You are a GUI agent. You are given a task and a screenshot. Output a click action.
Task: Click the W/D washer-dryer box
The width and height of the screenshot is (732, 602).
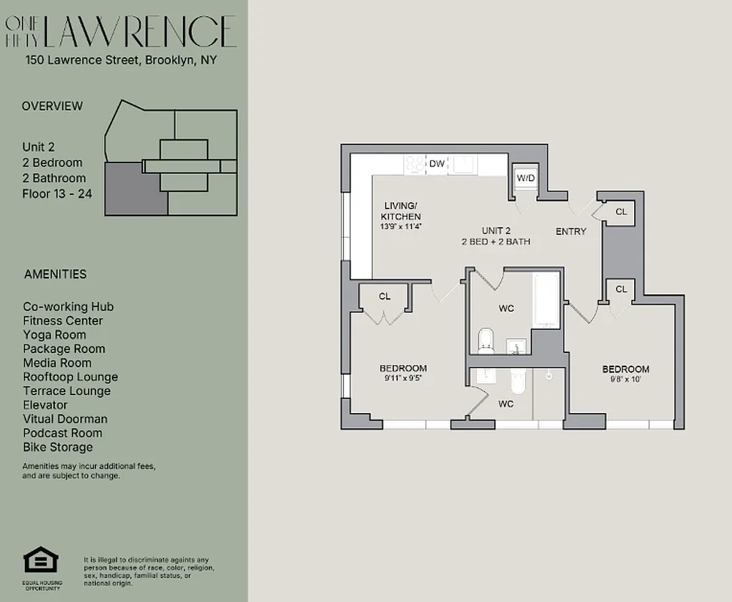pyautogui.click(x=524, y=178)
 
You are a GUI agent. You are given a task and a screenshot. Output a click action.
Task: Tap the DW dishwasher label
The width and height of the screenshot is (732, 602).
pyautogui.click(x=436, y=163)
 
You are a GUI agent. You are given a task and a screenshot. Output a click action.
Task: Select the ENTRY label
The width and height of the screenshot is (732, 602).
pyautogui.click(x=570, y=231)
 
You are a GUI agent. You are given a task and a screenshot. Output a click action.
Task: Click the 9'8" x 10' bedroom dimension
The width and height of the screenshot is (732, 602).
pyautogui.click(x=625, y=379)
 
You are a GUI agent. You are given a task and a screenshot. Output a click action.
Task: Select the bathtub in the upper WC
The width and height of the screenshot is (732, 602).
pyautogui.click(x=546, y=301)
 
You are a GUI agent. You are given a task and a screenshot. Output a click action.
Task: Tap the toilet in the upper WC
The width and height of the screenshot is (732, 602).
pyautogui.click(x=486, y=340)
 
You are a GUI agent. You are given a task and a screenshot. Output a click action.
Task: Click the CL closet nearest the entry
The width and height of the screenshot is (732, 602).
pyautogui.click(x=621, y=212)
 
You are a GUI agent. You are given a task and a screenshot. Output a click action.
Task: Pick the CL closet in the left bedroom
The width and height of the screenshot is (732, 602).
pyautogui.click(x=384, y=296)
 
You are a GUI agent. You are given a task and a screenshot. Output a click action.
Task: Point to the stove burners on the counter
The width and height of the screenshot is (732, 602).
pyautogui.click(x=415, y=163)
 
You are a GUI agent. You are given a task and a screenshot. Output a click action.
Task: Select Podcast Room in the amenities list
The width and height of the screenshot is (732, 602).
pyautogui.click(x=63, y=433)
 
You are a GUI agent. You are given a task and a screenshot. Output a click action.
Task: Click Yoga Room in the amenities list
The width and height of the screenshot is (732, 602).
pyautogui.click(x=54, y=335)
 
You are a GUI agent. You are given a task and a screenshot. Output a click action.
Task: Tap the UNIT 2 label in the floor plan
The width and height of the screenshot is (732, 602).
pyautogui.click(x=497, y=230)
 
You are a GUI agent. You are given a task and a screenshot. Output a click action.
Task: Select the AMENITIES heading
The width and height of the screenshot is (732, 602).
pyautogui.click(x=55, y=274)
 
